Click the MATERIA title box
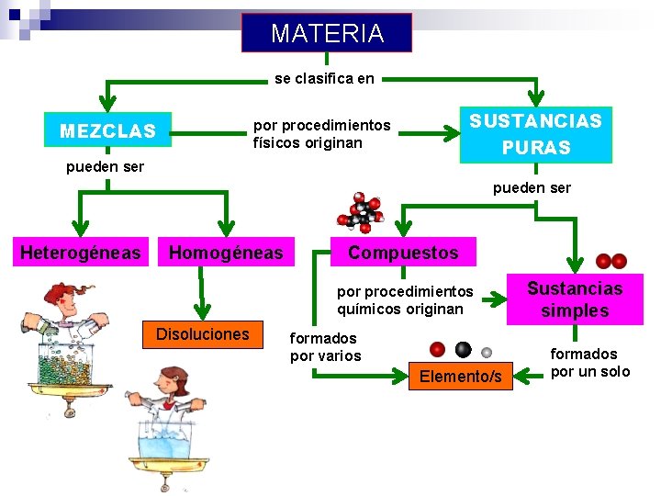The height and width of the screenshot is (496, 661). pyautogui.click(x=327, y=33)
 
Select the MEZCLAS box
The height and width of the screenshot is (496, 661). pyautogui.click(x=107, y=131)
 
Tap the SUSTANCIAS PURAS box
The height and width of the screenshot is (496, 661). pyautogui.click(x=535, y=134)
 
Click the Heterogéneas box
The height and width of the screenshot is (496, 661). pyautogui.click(x=81, y=252)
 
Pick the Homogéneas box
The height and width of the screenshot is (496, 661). pyautogui.click(x=226, y=252)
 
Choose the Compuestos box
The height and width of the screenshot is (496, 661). pyautogui.click(x=402, y=252)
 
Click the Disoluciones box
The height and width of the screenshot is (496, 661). pyautogui.click(x=202, y=333)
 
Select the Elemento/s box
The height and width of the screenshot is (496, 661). pyautogui.click(x=460, y=376)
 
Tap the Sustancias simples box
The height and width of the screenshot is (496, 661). pyautogui.click(x=574, y=299)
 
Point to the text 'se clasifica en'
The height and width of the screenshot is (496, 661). pyautogui.click(x=324, y=79)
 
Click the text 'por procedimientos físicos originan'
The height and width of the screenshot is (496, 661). pyautogui.click(x=321, y=134)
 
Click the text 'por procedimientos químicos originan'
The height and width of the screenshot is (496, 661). pyautogui.click(x=405, y=299)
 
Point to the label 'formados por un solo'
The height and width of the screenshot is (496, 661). pyautogui.click(x=589, y=362)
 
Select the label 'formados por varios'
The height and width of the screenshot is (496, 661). pyautogui.click(x=325, y=347)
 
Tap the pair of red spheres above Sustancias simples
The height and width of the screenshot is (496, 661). pyautogui.click(x=611, y=261)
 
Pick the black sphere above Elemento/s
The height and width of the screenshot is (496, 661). pyautogui.click(x=463, y=349)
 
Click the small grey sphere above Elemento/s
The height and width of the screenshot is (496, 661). pyautogui.click(x=487, y=352)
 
